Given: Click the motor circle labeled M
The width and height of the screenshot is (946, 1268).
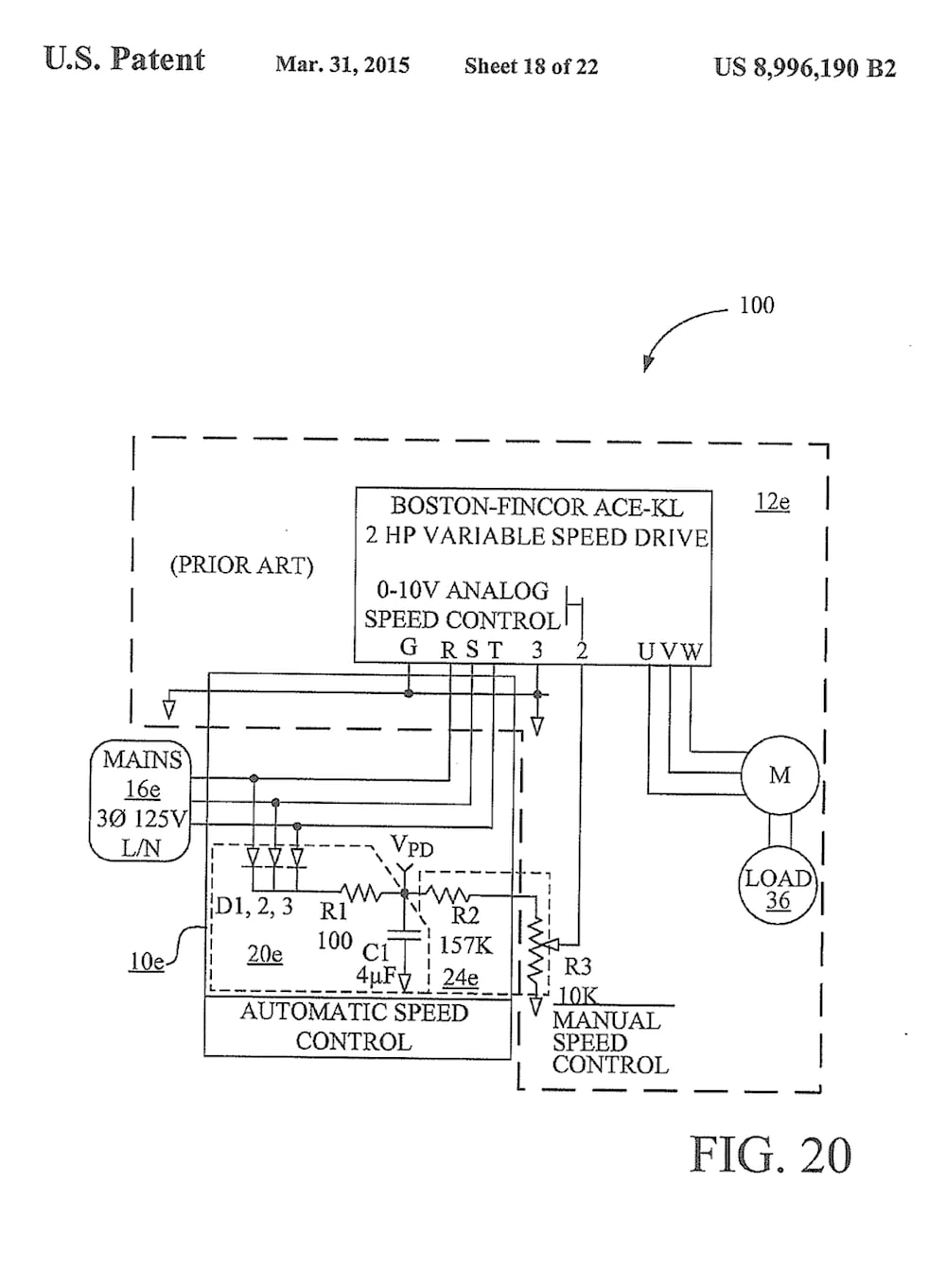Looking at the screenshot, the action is point(780,774).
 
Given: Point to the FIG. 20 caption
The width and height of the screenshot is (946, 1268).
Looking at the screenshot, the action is point(770,1155).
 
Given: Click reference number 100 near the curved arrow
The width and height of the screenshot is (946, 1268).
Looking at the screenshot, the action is point(757,305).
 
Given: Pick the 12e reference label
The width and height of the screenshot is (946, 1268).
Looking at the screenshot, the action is point(772,501).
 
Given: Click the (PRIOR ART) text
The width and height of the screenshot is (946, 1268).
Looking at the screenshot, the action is point(241,565).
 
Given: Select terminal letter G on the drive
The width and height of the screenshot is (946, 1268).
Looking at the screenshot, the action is point(409,647).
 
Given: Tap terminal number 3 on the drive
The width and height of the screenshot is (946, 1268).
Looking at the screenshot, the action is point(537,651).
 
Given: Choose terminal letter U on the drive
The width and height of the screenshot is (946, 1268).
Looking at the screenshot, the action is point(646,651).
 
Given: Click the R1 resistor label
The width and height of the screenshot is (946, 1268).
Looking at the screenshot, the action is point(333,912).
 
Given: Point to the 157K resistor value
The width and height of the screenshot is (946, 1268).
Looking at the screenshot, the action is point(465,946).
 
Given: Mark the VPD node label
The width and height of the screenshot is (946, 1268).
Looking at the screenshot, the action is point(412,847).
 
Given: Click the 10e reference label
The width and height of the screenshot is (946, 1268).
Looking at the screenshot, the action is point(147,962).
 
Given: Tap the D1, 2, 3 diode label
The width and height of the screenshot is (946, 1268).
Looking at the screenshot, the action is point(254,907).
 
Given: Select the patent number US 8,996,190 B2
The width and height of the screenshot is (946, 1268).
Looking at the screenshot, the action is point(805,68).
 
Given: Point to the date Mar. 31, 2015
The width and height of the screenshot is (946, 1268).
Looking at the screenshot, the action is point(342,64).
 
